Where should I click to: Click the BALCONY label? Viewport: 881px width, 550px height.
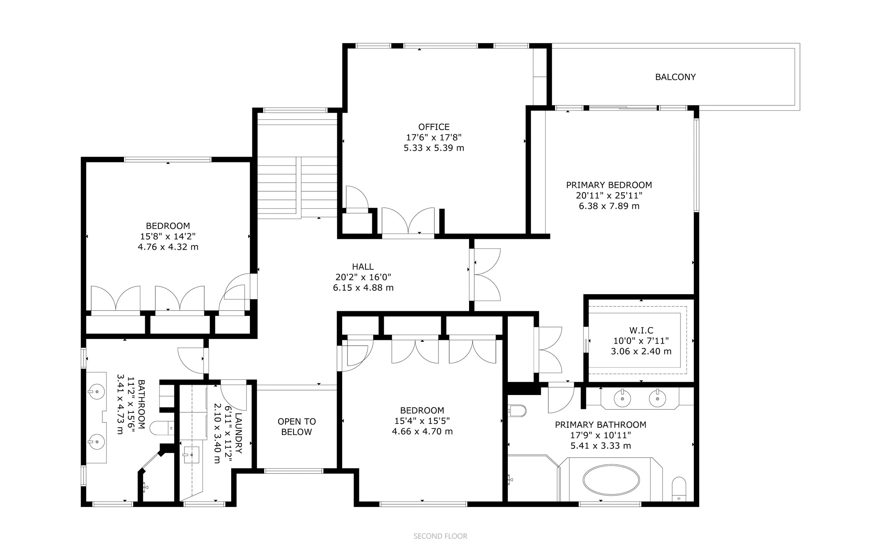(x=675, y=77)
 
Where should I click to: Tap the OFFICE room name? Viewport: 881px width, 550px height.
(x=433, y=127)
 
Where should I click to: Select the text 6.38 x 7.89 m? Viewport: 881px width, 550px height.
(x=609, y=206)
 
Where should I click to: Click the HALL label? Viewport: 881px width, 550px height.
(x=363, y=267)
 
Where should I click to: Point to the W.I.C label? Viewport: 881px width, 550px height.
(x=641, y=330)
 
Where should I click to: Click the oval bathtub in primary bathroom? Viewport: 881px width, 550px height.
(x=611, y=480)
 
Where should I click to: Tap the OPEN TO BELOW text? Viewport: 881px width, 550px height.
(x=296, y=427)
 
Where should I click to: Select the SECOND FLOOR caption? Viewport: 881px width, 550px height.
(x=440, y=536)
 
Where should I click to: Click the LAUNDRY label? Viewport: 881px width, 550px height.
(x=239, y=433)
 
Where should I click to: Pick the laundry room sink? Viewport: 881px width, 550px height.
(x=191, y=455)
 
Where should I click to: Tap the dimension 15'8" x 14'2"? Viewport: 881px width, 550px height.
(x=168, y=236)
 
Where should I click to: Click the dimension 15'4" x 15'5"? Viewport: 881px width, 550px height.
(x=422, y=421)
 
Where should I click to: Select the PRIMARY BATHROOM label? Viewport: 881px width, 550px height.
(x=600, y=425)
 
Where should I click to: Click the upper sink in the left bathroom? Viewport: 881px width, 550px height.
(x=97, y=392)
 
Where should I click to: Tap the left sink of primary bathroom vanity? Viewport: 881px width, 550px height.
(x=622, y=399)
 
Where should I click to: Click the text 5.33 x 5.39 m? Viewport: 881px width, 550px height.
(x=433, y=148)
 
